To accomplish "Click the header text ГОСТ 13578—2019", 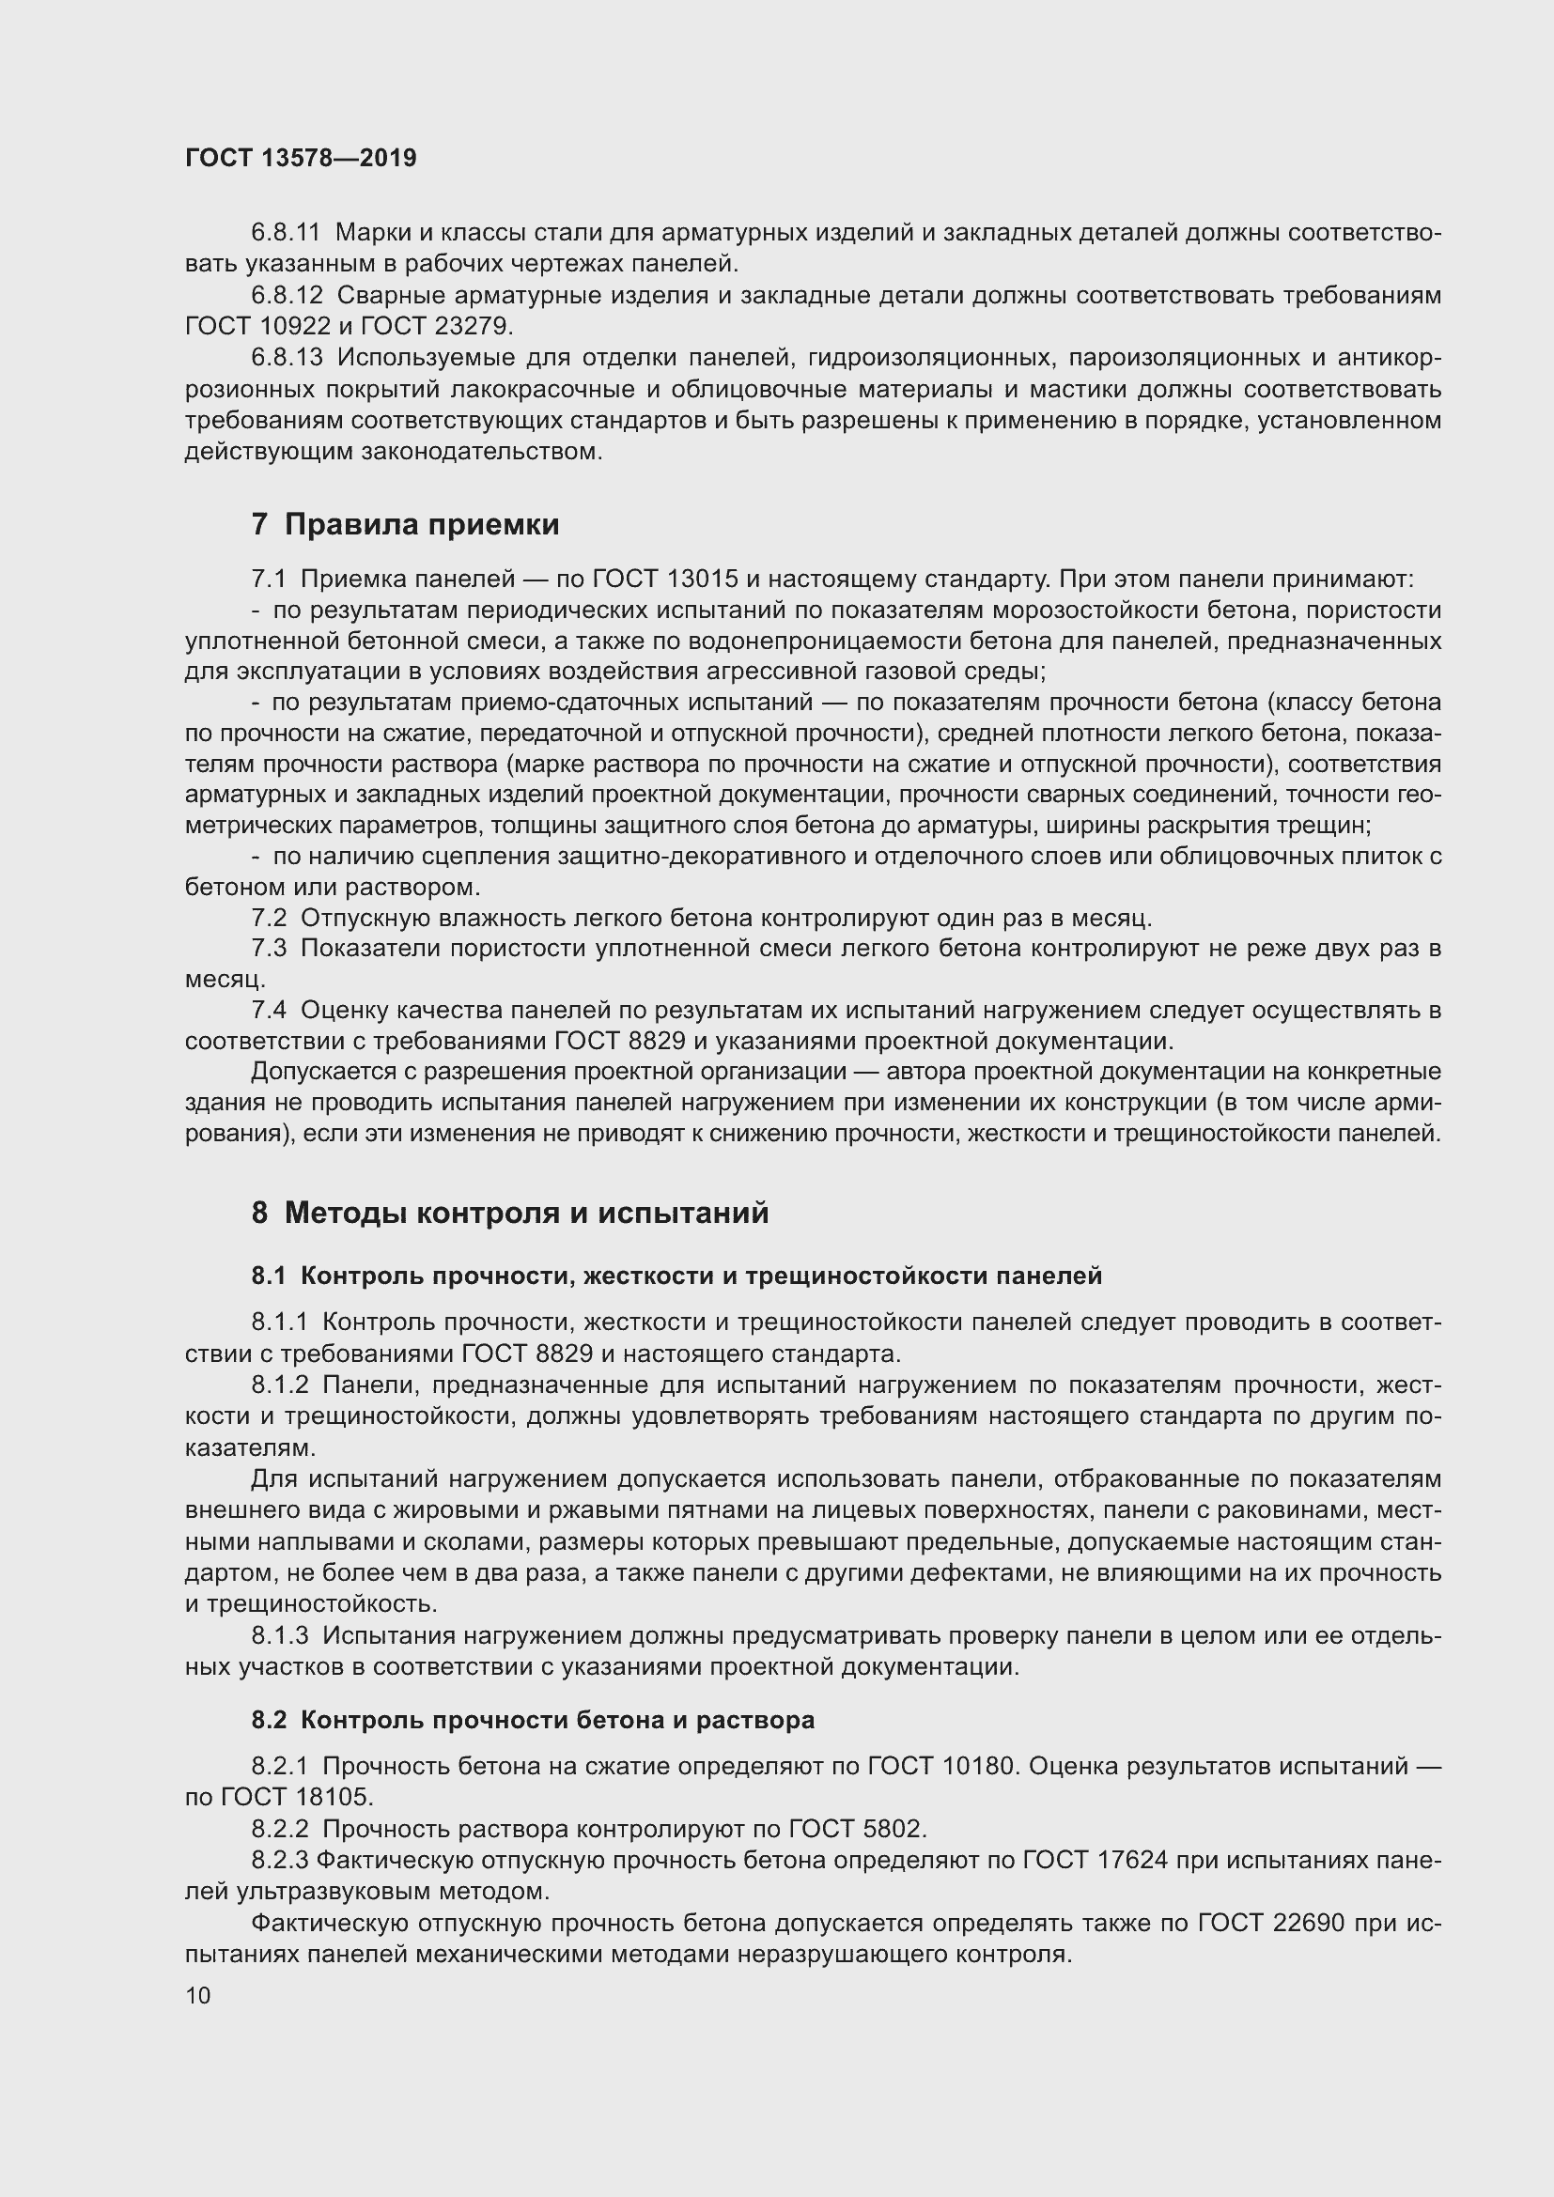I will click(301, 159).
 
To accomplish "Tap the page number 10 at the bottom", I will click(198, 1996).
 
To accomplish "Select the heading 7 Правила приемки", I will click(405, 524).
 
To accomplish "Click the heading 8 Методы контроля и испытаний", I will click(510, 1214).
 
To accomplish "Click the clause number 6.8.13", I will click(287, 358).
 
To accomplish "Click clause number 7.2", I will click(269, 919).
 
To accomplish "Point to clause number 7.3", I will click(269, 950).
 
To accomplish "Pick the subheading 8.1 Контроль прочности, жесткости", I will click(676, 1276).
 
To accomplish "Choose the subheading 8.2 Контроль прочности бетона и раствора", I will click(533, 1720).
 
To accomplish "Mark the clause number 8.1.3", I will click(280, 1636).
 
